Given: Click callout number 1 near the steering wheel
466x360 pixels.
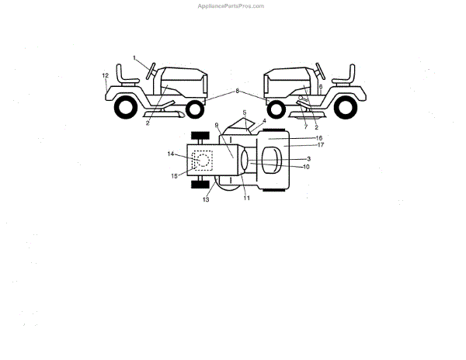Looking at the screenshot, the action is [x=134, y=58].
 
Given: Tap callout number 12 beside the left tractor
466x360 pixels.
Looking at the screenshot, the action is [x=105, y=75].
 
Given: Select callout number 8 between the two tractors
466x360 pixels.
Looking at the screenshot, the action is [x=238, y=92].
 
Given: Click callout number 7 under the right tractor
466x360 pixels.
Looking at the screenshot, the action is [x=306, y=126].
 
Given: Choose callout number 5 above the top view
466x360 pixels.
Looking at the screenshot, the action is [x=244, y=113].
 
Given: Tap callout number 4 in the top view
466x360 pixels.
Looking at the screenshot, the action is [x=263, y=121].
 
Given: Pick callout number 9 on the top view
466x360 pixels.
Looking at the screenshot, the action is [x=217, y=126].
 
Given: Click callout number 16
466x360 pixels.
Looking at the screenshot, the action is [x=297, y=137].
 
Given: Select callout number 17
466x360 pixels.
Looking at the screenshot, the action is [x=297, y=145].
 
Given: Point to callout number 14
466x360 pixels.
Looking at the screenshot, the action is [x=170, y=154].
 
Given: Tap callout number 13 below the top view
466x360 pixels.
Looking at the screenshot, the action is [x=206, y=199].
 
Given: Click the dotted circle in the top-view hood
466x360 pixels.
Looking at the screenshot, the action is [x=203, y=161].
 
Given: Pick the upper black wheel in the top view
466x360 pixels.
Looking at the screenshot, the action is [x=201, y=137].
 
